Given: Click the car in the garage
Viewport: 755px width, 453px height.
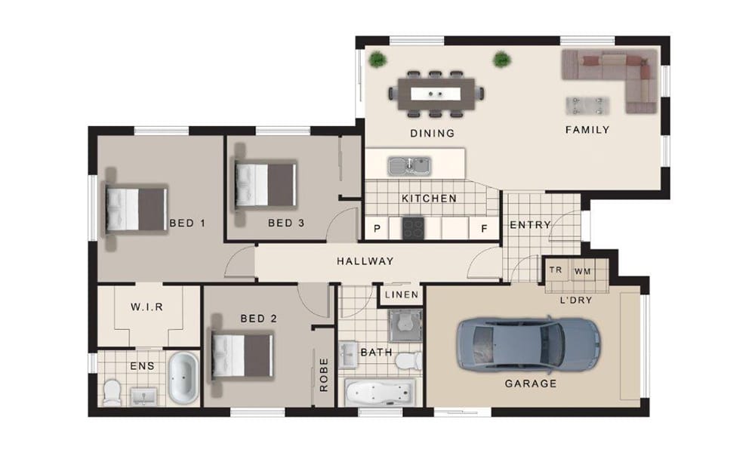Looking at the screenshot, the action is click(528, 344).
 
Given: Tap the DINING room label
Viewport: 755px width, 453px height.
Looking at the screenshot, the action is click(433, 134).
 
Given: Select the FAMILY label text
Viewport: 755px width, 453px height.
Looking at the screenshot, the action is click(587, 130).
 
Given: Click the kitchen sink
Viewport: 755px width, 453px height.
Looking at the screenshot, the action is click(410, 165).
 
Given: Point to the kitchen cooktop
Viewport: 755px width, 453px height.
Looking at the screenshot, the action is click(413, 228).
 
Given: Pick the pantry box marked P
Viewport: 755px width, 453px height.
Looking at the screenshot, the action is click(377, 228).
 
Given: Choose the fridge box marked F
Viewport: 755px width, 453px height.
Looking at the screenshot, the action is click(485, 228).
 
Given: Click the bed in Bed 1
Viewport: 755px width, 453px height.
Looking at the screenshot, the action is click(136, 209).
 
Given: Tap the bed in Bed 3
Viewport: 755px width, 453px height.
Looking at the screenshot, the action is click(265, 185).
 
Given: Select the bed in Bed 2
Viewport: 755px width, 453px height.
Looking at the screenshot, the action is click(242, 356).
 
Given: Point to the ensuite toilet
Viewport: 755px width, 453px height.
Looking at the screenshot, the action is click(112, 392).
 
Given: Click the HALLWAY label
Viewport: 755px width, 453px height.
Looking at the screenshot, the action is click(365, 261).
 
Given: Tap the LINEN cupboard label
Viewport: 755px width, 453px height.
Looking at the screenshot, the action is click(402, 294).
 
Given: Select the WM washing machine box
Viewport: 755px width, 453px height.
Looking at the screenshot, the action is click(583, 271).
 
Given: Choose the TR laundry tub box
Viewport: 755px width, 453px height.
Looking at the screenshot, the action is click(556, 270).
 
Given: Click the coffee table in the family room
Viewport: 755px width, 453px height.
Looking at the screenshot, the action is click(587, 106).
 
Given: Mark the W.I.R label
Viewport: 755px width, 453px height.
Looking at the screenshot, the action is click(147, 307).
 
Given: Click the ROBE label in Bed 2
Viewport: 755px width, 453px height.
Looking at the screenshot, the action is click(324, 374).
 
